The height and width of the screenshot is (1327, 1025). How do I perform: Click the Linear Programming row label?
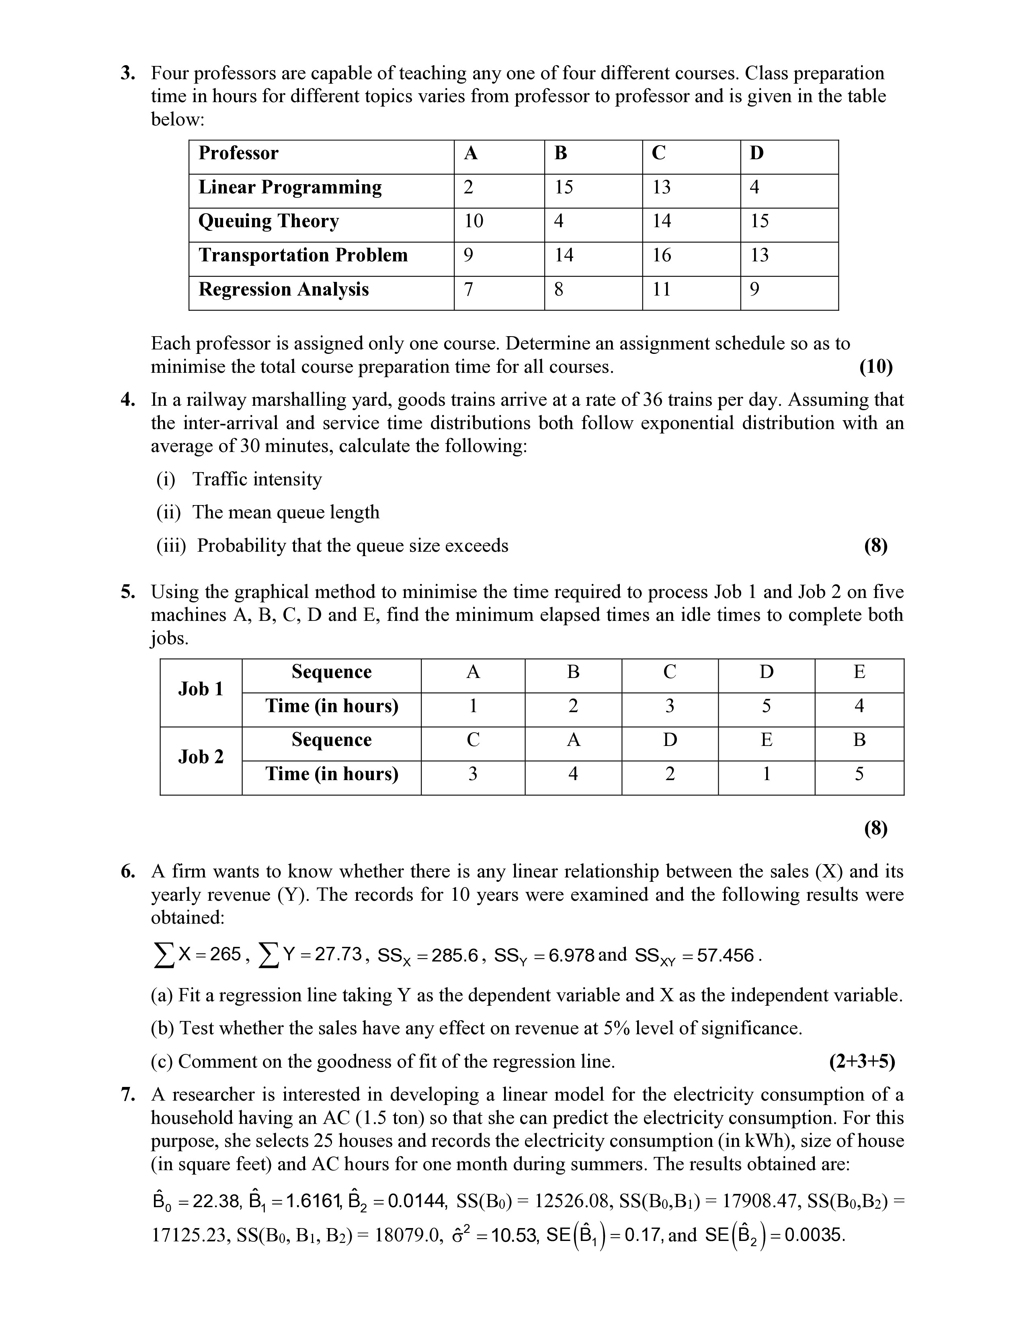click(290, 187)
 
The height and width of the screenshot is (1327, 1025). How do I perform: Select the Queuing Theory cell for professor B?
click(559, 221)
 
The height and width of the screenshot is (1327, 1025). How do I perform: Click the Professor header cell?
click(239, 153)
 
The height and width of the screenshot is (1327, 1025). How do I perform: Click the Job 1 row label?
click(201, 689)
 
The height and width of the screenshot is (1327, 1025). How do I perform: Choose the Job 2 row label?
click(201, 757)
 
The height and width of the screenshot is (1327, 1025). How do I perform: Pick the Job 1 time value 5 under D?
click(766, 706)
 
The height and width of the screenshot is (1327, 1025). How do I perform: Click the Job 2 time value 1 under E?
click(766, 774)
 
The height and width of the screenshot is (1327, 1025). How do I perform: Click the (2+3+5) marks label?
click(862, 1062)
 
